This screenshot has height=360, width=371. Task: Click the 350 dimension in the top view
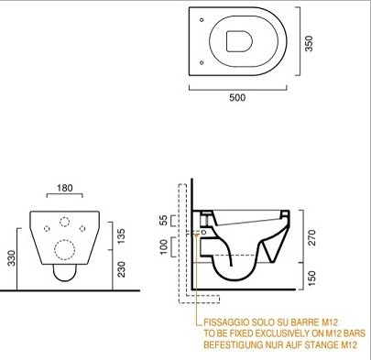pos(309,44)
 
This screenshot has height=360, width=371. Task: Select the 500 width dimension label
pos(237,98)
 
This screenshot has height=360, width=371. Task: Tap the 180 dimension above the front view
pos(65,188)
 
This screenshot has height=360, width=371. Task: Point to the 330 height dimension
pos(11,258)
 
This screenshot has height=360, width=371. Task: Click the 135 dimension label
pos(121,236)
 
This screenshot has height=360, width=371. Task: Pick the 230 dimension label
pos(121,269)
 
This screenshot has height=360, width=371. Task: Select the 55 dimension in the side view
pos(164,221)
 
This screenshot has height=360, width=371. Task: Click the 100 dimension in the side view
pos(164,246)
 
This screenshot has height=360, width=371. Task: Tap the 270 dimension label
pos(311,238)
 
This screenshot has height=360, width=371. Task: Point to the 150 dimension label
pos(311,278)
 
